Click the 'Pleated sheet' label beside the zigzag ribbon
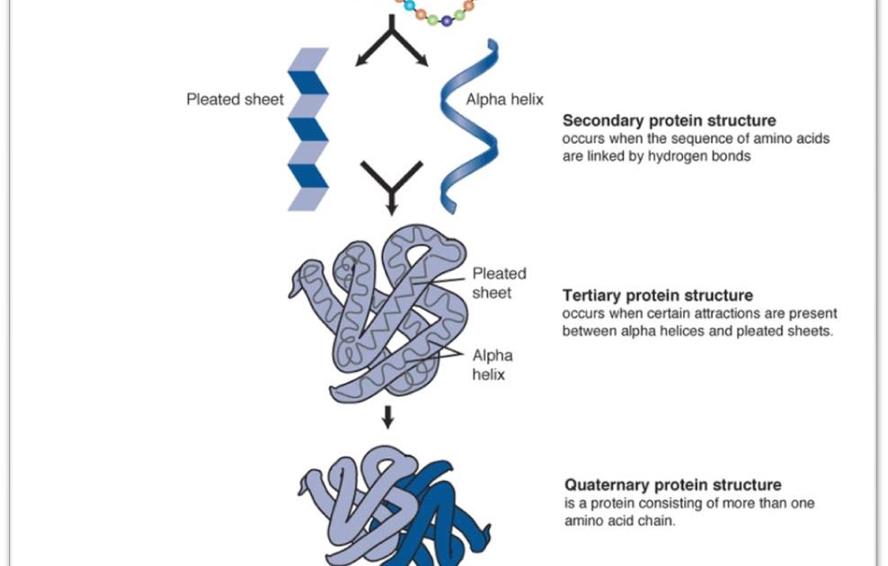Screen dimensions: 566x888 click(234, 100)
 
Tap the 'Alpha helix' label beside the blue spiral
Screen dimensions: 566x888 click(504, 100)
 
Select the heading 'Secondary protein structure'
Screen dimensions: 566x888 click(669, 120)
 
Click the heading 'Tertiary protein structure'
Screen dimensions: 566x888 click(657, 296)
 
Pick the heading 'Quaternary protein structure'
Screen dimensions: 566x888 click(672, 485)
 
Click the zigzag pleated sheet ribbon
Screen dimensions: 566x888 click(307, 130)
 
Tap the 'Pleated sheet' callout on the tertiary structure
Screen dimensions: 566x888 click(499, 283)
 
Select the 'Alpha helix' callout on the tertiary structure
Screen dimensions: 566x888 click(493, 365)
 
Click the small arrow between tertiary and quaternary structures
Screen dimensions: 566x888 click(388, 416)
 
